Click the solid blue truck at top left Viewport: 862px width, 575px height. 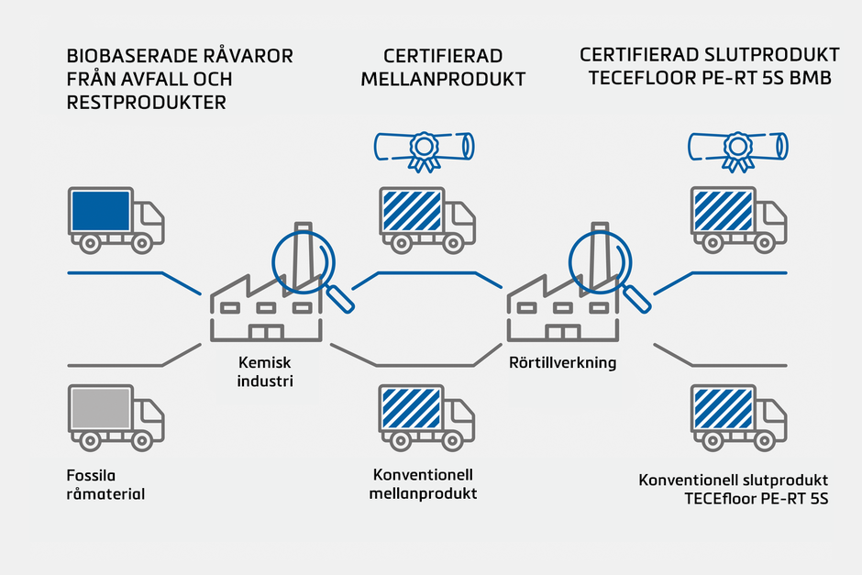(x=116, y=220)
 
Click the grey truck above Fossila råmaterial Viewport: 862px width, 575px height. (x=116, y=417)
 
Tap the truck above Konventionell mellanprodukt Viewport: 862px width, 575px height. (x=426, y=417)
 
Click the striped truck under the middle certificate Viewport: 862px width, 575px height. (x=426, y=220)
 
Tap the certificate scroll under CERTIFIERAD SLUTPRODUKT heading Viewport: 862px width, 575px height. (x=737, y=148)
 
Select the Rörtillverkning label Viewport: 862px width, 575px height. (x=562, y=363)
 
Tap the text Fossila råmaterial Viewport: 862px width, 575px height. (x=106, y=486)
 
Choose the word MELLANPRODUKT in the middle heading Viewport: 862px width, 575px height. (x=443, y=80)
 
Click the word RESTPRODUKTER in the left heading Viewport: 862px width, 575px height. (x=146, y=103)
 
